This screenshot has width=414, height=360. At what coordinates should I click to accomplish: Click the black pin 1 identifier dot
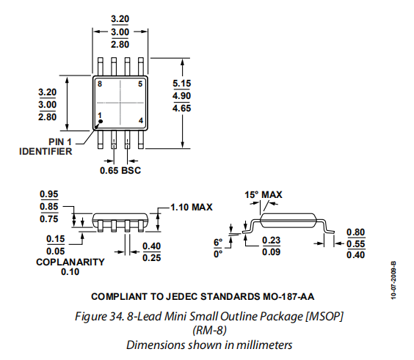(101, 121)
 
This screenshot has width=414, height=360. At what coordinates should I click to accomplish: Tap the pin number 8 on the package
(100, 84)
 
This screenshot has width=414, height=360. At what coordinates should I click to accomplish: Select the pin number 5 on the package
(140, 84)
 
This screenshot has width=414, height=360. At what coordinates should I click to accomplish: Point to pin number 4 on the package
(141, 120)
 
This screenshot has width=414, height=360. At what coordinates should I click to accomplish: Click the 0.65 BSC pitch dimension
(120, 170)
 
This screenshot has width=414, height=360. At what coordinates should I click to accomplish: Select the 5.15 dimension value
(181, 84)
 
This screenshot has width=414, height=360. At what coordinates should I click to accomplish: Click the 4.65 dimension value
(181, 108)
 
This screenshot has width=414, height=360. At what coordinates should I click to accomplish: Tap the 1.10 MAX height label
(192, 207)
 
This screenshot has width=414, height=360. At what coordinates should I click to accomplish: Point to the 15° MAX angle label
(264, 194)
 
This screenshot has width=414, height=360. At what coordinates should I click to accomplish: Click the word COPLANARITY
(70, 262)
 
